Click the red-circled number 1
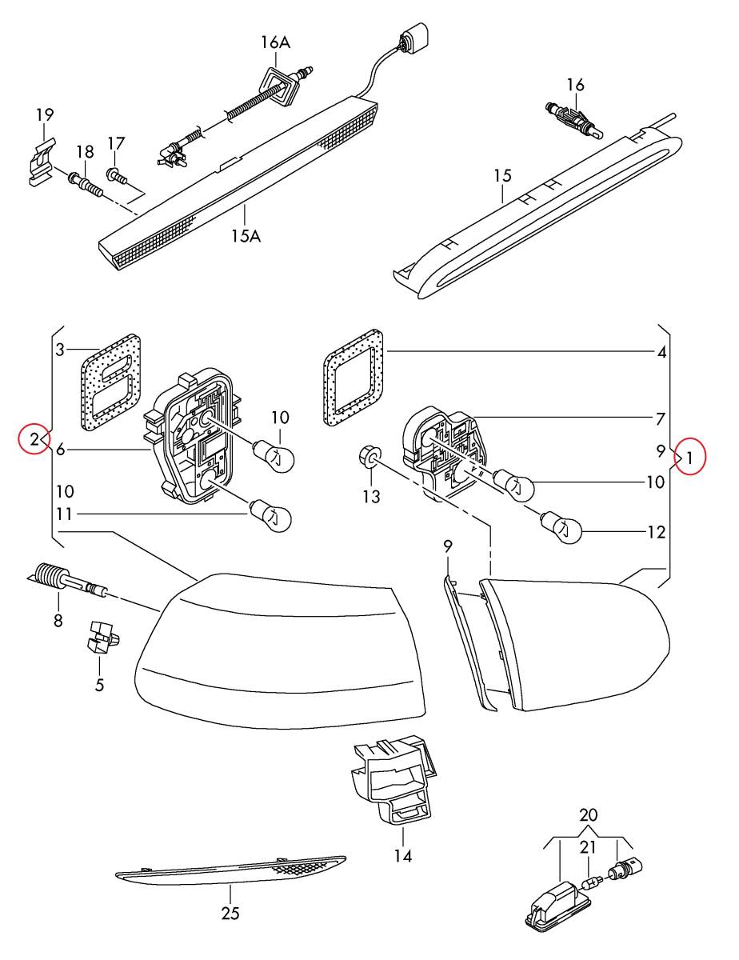(x=689, y=459)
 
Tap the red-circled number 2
(x=34, y=439)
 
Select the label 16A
(x=275, y=43)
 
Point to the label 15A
(x=246, y=236)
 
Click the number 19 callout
(x=45, y=115)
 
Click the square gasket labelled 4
(x=354, y=378)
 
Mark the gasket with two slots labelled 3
(x=111, y=382)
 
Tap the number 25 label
(x=230, y=909)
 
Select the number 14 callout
(x=403, y=856)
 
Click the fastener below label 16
(x=573, y=119)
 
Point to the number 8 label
(x=58, y=621)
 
